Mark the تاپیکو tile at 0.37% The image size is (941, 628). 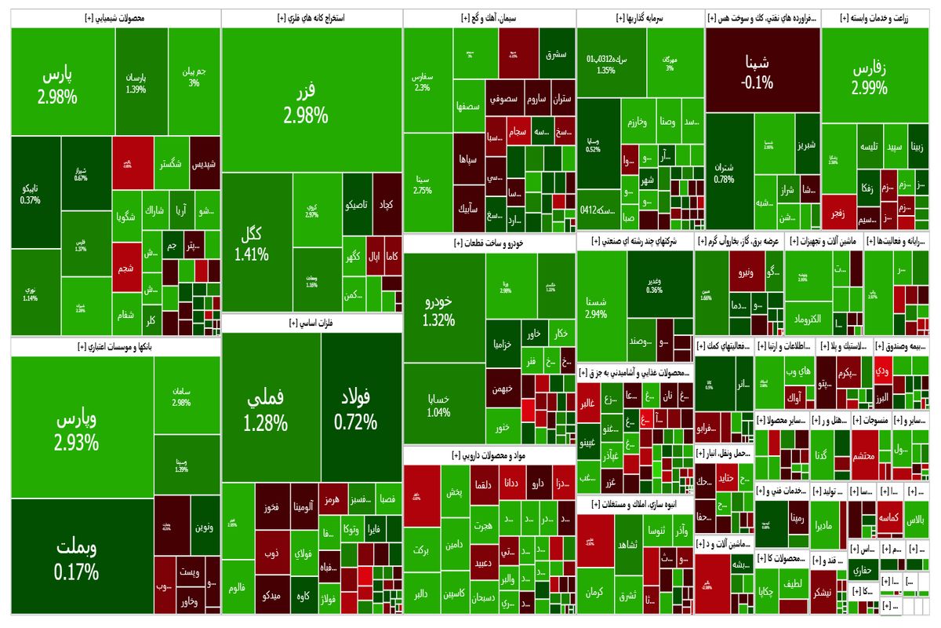click(35, 195)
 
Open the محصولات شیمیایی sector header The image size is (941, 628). click(116, 17)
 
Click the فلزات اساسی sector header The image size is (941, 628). click(311, 322)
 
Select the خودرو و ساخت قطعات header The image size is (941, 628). click(489, 243)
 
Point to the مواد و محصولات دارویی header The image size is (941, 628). click(489, 455)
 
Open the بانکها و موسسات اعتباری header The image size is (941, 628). click(116, 346)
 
